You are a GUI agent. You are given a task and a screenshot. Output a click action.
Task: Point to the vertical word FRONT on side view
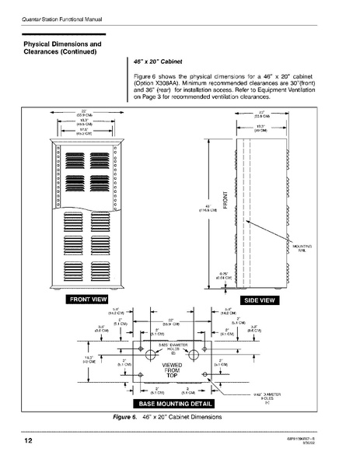(223, 206)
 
